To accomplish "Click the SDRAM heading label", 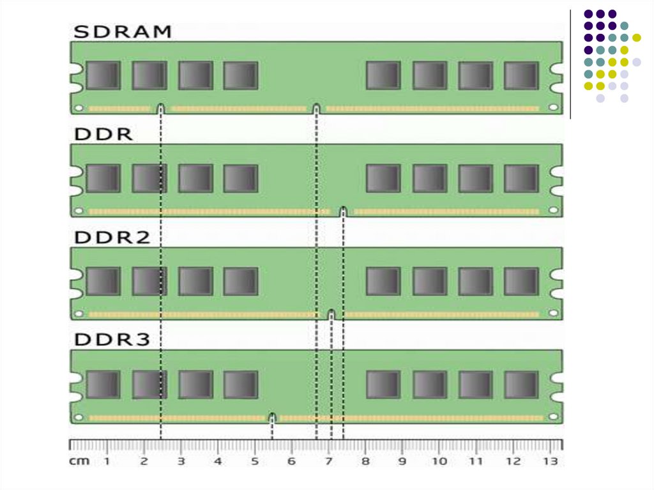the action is pos(123,31).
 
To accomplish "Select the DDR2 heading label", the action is pos(112,238).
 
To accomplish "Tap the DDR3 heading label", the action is pos(112,340).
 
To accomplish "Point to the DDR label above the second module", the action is pos(103,135).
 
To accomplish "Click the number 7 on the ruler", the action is pos(328,461).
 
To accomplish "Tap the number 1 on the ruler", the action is pos(107,461).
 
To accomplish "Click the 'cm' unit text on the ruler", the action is pos(79,461).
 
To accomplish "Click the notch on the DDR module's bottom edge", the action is pos(343,211).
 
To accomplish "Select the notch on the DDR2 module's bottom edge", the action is pos(331,314).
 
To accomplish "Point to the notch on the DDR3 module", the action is pos(272,417).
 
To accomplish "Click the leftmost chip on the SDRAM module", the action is pos(103,75).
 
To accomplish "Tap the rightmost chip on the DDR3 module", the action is pos(521,385).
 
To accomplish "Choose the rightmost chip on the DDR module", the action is pos(521,178).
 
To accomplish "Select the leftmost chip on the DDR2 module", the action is pos(103,281).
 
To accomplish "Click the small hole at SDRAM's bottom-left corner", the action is pos(78,108).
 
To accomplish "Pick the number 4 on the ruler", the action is pos(218,461).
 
